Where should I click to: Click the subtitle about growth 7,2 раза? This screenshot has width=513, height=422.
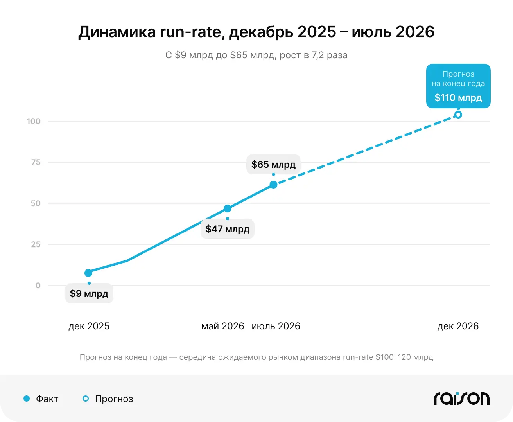pos(256,55)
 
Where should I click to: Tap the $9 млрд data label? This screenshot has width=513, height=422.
pos(89,293)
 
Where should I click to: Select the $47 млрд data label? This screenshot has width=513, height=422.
pos(228,229)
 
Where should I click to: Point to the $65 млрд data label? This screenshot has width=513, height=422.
pos(273,164)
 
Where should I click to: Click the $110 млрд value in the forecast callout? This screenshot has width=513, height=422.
pos(458,98)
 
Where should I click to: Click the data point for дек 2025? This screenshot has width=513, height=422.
pos(88,273)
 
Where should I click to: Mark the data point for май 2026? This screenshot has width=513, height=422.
pos(228,208)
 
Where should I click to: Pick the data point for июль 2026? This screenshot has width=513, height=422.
pos(273,185)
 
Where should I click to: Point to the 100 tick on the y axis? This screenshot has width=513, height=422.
pos(34,121)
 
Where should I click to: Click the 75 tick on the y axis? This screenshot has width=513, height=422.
pos(36,162)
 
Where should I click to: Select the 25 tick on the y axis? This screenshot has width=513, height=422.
pos(36,244)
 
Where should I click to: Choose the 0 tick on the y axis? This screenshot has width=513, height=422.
pos(38,285)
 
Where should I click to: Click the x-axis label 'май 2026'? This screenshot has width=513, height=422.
pos(222,326)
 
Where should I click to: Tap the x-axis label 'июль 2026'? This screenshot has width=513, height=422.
pos(276,326)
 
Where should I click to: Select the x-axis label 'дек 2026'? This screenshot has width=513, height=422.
pos(458,326)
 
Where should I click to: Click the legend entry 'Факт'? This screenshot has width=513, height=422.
pos(41,399)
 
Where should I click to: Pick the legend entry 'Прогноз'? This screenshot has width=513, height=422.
pos(108,399)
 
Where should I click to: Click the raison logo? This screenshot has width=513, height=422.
pos(462,399)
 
